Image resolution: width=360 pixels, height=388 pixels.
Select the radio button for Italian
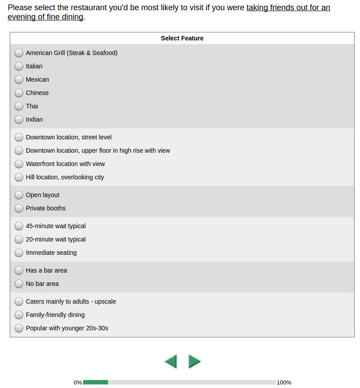point(19,66)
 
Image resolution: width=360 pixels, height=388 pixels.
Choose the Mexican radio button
point(19,79)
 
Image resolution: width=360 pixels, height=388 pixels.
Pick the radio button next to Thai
point(19,106)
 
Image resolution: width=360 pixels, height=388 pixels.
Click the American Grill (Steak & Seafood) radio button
point(19,53)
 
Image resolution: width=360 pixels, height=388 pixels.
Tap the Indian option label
point(34,119)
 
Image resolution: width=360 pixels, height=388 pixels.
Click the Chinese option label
point(37,93)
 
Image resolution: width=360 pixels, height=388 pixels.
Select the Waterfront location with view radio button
point(19,164)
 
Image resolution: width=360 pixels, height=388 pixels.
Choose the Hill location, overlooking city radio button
point(19,177)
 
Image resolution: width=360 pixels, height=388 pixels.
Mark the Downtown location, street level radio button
point(19,137)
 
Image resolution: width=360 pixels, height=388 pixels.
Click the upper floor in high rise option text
point(98,150)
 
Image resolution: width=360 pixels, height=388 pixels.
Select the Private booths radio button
point(19,208)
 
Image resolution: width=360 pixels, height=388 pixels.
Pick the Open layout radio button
point(19,195)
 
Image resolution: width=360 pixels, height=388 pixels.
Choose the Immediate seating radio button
point(19,253)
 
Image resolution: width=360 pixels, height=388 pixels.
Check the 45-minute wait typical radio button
point(19,226)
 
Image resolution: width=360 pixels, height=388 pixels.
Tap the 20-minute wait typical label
point(56,239)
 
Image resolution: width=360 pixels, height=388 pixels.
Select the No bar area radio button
point(19,284)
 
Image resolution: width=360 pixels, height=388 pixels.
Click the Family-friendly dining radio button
point(19,315)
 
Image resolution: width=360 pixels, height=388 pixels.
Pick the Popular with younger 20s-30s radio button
point(19,328)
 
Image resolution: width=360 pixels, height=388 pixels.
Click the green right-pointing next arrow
point(194,361)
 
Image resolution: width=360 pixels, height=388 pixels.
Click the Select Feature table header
point(182,38)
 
